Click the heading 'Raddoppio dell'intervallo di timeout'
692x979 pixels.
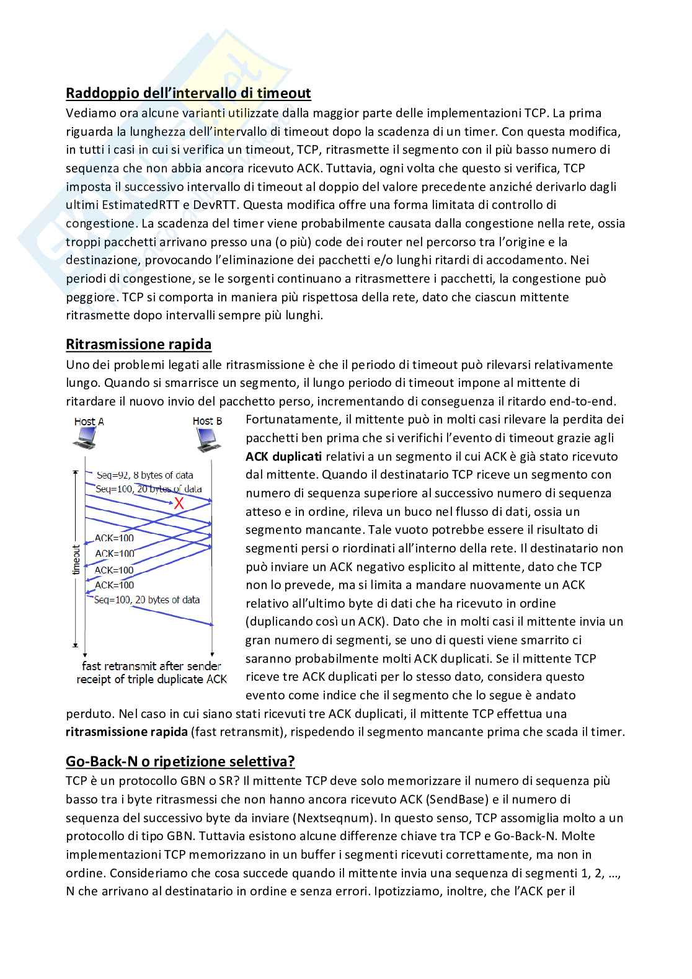[188, 93]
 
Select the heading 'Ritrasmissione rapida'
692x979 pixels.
[138, 344]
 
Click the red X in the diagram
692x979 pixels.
[179, 503]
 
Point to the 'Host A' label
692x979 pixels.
[89, 422]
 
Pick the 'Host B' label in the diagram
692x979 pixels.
[207, 422]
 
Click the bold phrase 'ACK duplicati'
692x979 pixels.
[283, 456]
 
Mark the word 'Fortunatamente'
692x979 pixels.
[291, 420]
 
